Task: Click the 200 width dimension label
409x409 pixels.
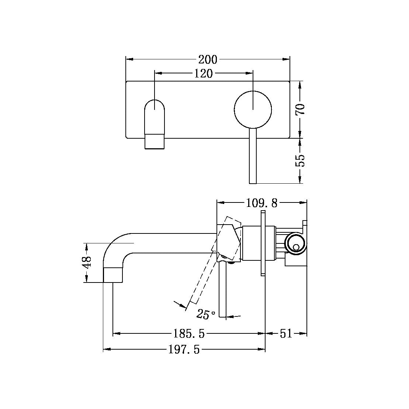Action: click(208, 59)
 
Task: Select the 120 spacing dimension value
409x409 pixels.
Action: click(204, 74)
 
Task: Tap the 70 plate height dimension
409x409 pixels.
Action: click(300, 109)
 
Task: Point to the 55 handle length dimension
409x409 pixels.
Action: click(300, 160)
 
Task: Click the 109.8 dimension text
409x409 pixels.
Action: click(261, 202)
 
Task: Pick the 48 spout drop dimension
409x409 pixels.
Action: click(86, 263)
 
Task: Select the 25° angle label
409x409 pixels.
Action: click(206, 314)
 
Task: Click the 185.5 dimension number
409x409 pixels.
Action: click(189, 334)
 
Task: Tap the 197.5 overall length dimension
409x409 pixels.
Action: click(184, 350)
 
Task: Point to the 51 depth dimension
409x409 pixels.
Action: click(286, 334)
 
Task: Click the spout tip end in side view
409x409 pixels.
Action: click(112, 275)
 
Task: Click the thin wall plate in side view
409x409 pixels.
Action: click(263, 243)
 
